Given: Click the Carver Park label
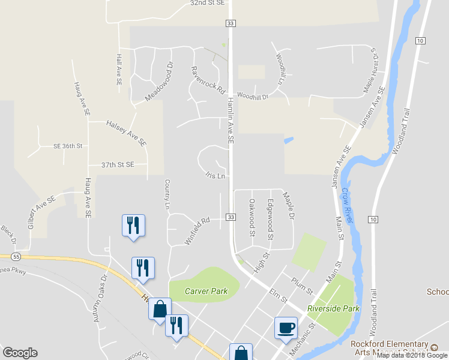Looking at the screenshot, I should [x=206, y=291].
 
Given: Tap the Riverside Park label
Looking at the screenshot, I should [x=333, y=308].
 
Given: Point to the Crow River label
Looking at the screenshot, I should [x=348, y=204].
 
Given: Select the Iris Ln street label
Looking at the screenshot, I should [x=215, y=176].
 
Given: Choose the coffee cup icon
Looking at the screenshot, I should [x=286, y=328].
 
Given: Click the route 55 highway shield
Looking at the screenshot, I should [x=16, y=256].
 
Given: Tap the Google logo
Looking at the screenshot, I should [x=20, y=353].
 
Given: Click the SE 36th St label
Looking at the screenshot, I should [x=67, y=146].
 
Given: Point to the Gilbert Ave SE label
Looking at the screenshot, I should [x=41, y=212].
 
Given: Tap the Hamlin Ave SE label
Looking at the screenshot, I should [x=230, y=121].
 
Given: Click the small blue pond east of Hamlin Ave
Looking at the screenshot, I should [x=289, y=140].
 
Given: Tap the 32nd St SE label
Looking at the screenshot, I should [x=207, y=3].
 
